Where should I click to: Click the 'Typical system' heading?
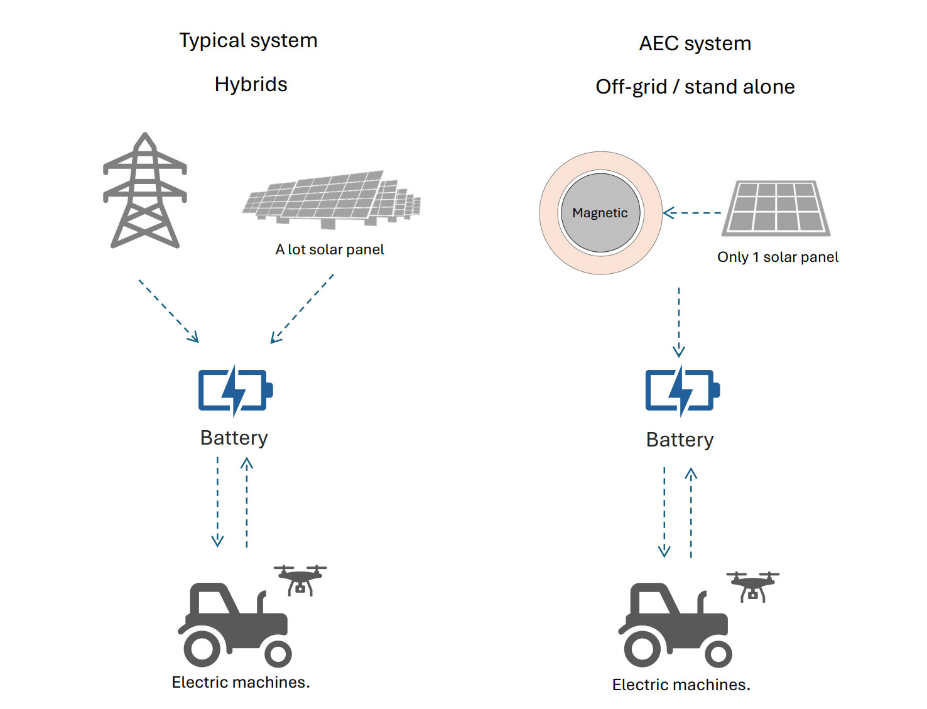pyautogui.click(x=248, y=41)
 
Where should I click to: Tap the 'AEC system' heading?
pyautogui.click(x=695, y=43)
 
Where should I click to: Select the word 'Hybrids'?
pyautogui.click(x=251, y=84)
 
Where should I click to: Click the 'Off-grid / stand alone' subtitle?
pyautogui.click(x=695, y=87)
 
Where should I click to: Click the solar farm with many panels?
pyautogui.click(x=332, y=198)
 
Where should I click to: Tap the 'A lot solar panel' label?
pyautogui.click(x=330, y=249)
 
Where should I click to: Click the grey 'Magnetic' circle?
pyautogui.click(x=600, y=213)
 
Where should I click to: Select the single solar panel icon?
pyautogui.click(x=776, y=208)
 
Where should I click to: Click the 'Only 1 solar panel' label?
pyautogui.click(x=778, y=257)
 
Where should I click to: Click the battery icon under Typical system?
pyautogui.click(x=235, y=390)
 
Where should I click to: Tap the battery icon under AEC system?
pyautogui.click(x=682, y=390)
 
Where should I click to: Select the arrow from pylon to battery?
pyautogui.click(x=168, y=311)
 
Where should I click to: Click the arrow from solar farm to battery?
pyautogui.click(x=302, y=309)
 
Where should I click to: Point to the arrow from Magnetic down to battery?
pyautogui.click(x=679, y=322)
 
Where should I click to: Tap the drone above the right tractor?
pyautogui.click(x=752, y=586)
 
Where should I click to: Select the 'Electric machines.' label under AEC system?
pyautogui.click(x=681, y=685)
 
